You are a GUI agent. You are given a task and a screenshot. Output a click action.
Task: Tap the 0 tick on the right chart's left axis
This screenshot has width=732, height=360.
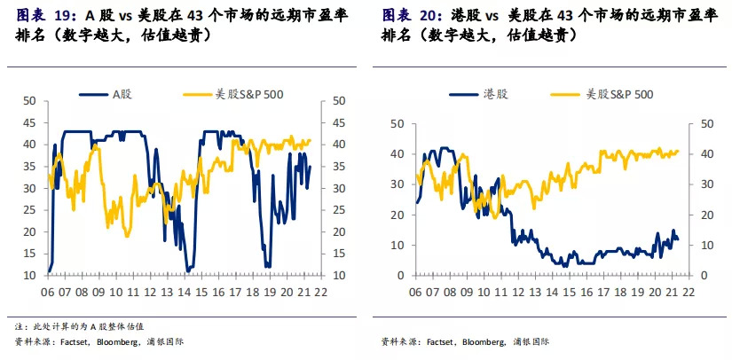coord(403,275)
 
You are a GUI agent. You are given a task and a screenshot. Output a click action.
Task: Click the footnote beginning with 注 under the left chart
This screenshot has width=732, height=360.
coord(80,326)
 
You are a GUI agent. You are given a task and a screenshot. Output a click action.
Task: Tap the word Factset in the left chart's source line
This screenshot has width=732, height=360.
coord(67,341)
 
